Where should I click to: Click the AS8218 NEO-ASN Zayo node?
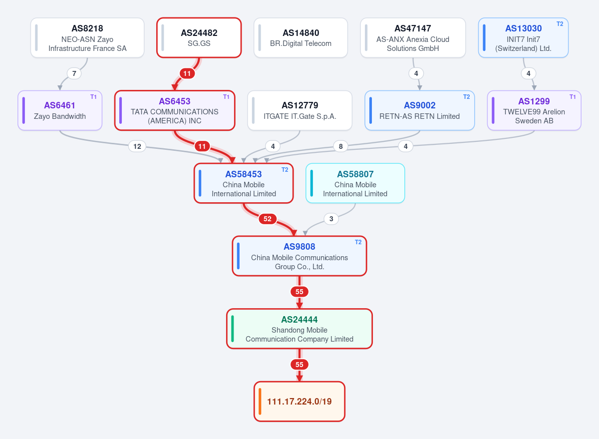coord(87,38)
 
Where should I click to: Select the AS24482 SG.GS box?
coord(199,38)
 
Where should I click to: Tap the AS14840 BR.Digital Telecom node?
coord(300,38)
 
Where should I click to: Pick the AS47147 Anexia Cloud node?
coord(413,38)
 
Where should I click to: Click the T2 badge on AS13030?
coord(560,24)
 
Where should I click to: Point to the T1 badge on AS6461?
coord(93,97)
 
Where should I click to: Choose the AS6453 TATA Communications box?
coord(175,110)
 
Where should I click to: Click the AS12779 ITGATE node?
coord(300,110)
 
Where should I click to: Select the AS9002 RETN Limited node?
coord(420,110)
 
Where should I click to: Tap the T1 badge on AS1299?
coord(573,97)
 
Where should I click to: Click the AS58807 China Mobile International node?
coord(355,183)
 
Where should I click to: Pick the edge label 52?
coord(268,219)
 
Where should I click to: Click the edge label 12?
coord(137,146)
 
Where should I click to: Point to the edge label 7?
coord(74,73)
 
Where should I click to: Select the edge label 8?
coord(340,146)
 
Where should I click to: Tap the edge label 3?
coord(331,219)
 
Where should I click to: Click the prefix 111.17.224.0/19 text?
coord(299,401)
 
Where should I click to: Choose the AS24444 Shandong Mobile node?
coord(299,329)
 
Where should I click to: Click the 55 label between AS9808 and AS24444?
coord(299,292)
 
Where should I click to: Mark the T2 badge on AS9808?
coord(358,242)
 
